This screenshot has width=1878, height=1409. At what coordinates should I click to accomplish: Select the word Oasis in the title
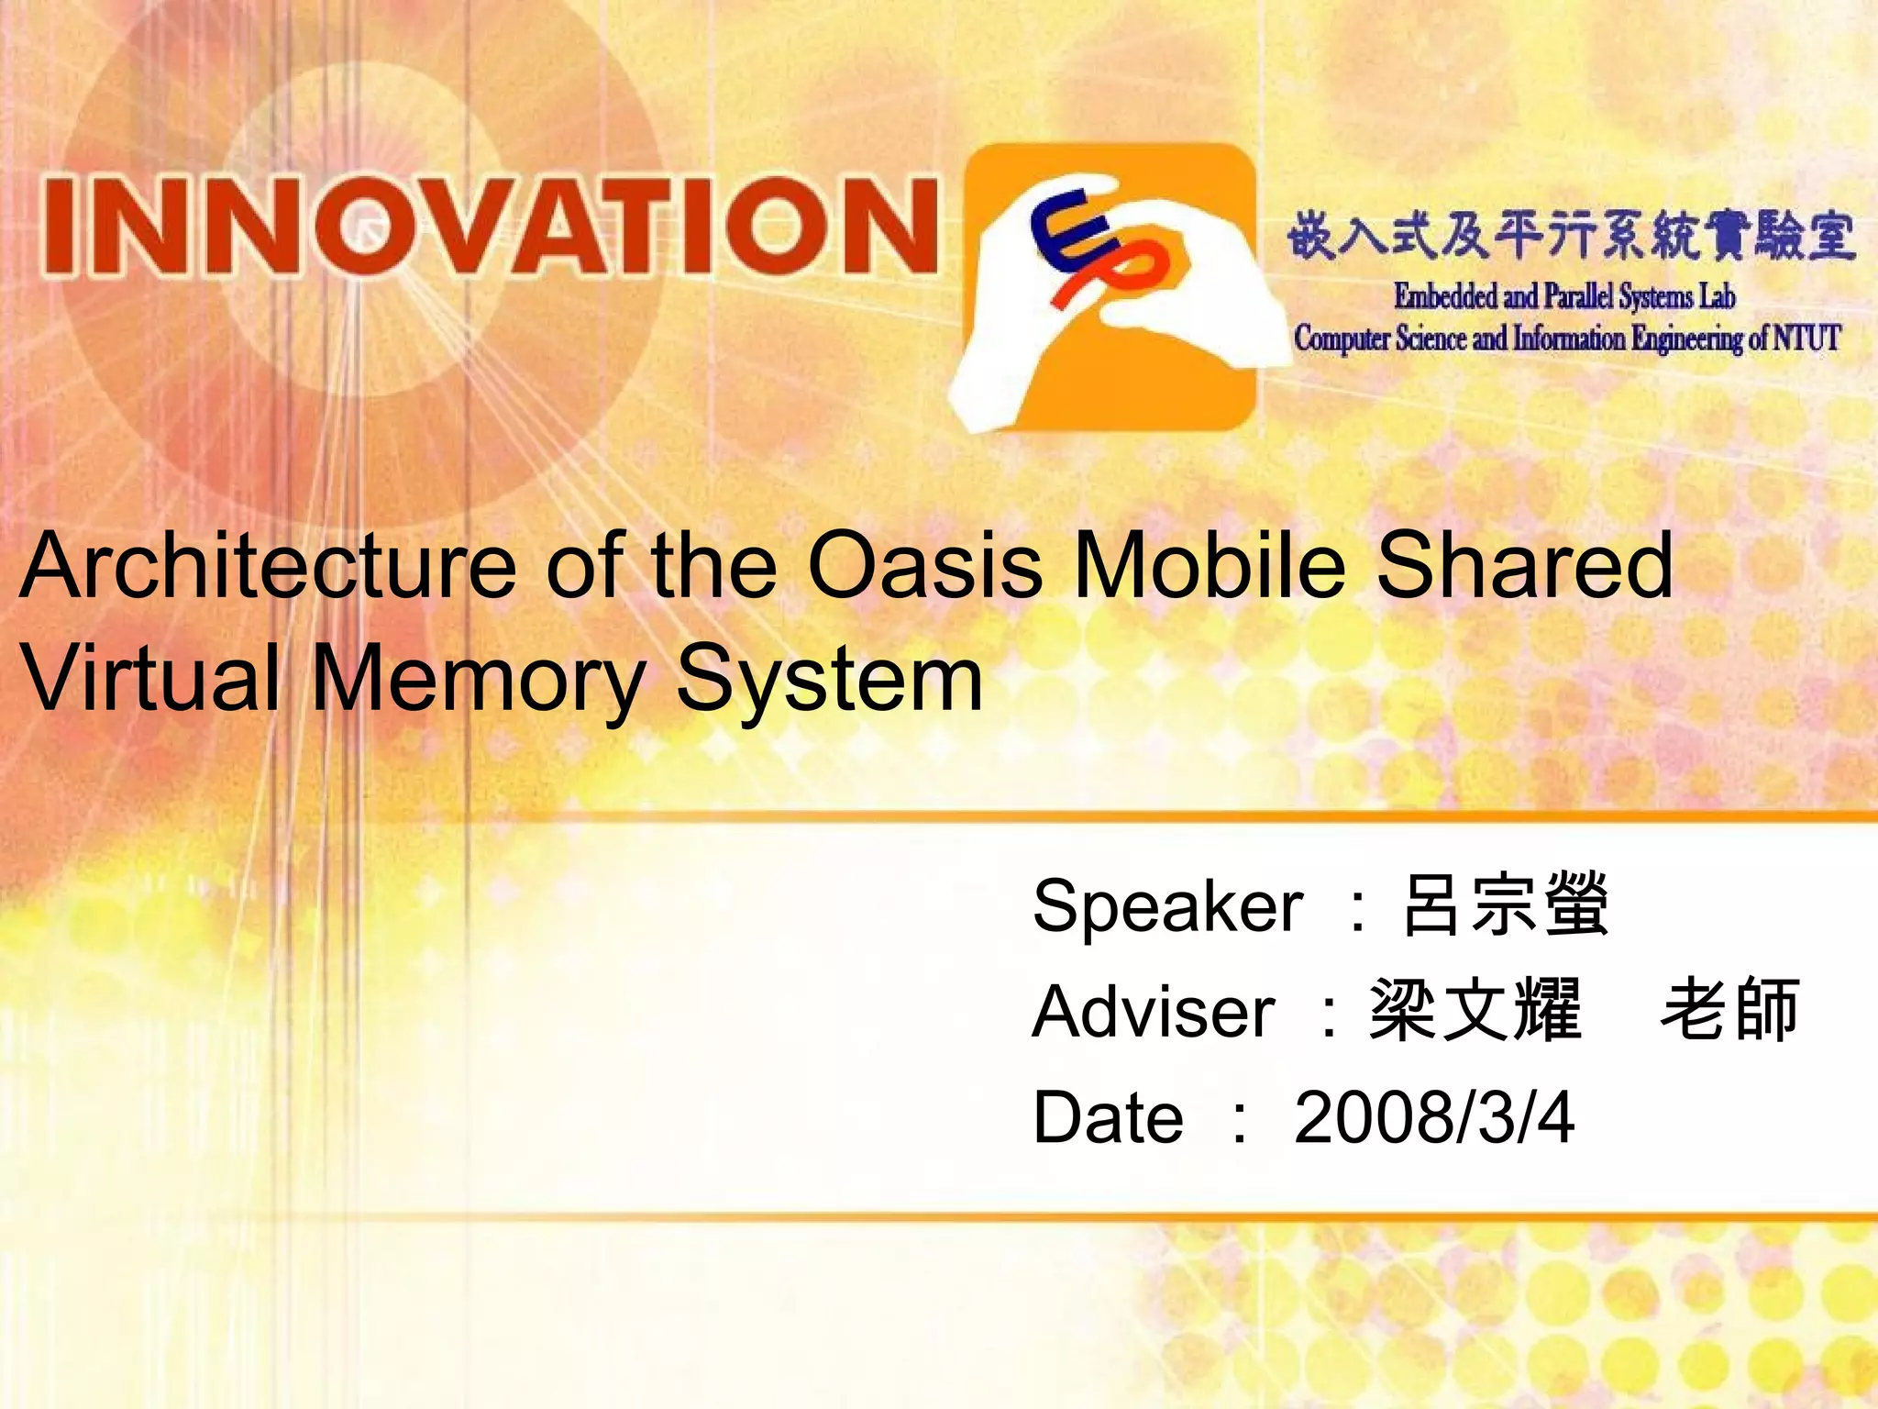[925, 566]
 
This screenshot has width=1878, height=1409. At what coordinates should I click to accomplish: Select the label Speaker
[1167, 906]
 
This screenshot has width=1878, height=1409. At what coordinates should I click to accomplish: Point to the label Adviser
[1153, 1012]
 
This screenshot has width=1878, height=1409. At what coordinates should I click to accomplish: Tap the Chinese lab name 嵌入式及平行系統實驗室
[1571, 235]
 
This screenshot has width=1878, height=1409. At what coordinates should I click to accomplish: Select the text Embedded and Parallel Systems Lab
[1564, 296]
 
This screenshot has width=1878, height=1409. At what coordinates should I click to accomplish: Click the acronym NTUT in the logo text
[1806, 338]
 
